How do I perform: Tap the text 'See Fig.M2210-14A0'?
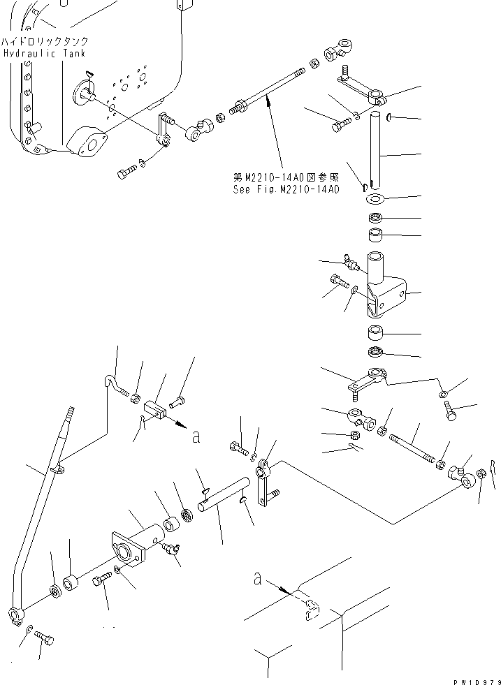286,189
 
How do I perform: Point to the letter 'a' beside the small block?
196,437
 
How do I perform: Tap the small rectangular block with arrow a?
155,412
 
